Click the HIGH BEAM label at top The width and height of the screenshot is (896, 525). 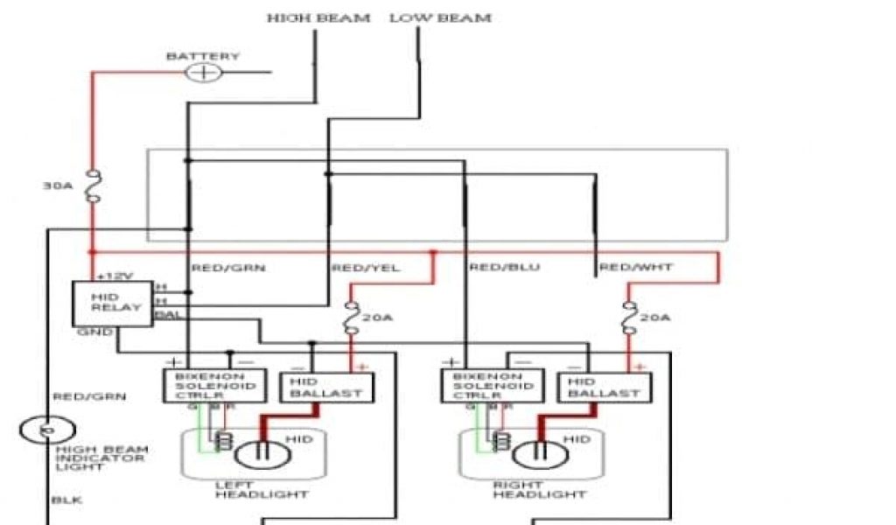click(x=318, y=17)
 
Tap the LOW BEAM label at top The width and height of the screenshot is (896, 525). click(x=440, y=17)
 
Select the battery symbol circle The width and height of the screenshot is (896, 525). click(x=205, y=72)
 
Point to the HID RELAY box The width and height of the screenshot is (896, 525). click(x=111, y=303)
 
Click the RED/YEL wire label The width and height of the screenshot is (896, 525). click(x=366, y=268)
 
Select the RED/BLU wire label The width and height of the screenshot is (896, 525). click(x=502, y=268)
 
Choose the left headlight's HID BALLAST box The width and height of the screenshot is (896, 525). click(x=325, y=386)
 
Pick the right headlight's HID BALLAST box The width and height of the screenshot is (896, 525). click(x=604, y=387)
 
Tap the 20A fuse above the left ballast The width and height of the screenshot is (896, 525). click(x=352, y=318)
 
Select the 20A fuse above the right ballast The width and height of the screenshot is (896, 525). click(x=630, y=318)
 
